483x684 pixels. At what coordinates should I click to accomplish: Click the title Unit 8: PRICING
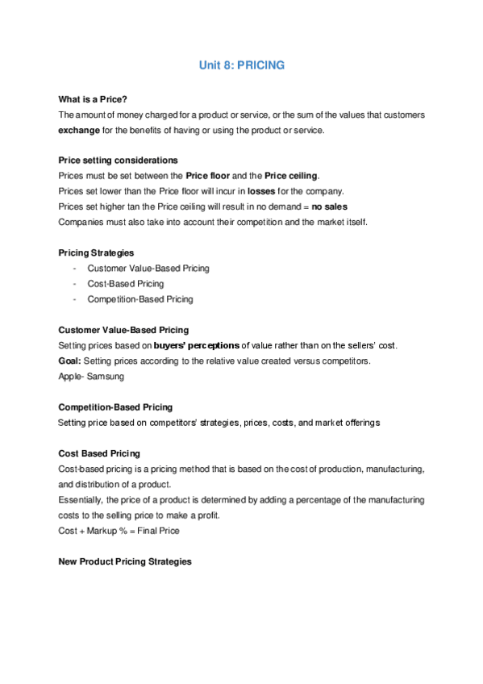click(241, 65)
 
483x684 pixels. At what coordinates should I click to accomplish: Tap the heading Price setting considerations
click(119, 160)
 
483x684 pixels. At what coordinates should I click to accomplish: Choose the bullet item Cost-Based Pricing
click(126, 283)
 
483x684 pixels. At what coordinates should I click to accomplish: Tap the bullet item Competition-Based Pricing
click(140, 299)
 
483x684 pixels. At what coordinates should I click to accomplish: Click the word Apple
click(70, 376)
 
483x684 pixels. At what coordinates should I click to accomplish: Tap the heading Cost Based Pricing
click(99, 453)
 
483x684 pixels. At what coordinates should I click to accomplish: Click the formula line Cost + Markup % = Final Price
click(119, 531)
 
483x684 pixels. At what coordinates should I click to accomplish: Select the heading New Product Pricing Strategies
click(125, 561)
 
